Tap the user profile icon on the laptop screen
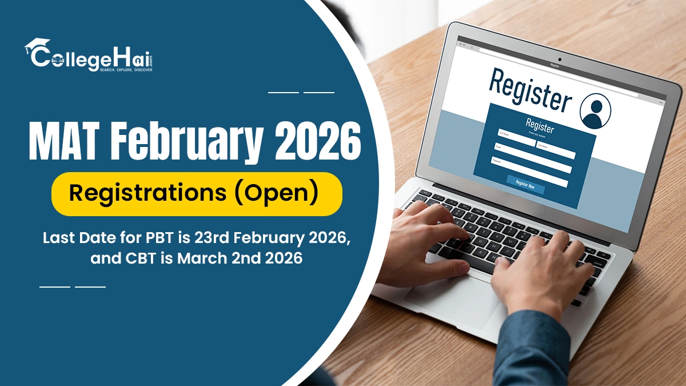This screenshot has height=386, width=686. click(x=595, y=111)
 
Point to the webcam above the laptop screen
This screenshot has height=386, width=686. click(x=559, y=59)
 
